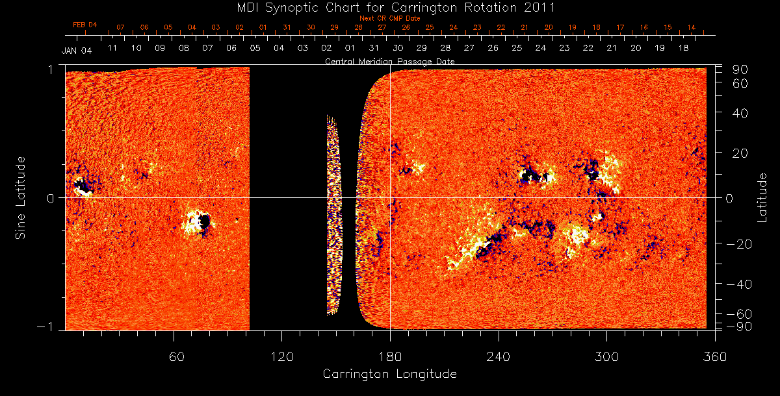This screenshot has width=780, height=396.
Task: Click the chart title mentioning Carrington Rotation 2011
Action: tap(389, 8)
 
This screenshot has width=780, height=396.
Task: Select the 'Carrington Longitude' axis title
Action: tap(389, 374)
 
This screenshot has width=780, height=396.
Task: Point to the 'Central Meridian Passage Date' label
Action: tap(389, 61)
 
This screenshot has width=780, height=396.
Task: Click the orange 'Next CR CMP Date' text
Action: tap(389, 18)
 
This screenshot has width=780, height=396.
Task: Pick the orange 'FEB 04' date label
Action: tap(84, 25)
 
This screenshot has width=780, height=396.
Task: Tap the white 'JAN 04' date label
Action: tap(77, 51)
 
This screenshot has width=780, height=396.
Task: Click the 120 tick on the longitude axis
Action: tap(281, 356)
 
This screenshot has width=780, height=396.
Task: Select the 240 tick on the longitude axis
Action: tap(498, 356)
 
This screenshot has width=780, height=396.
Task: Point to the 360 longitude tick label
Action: tap(715, 356)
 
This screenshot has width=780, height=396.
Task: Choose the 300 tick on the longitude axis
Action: tap(606, 356)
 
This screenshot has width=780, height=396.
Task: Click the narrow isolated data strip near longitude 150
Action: tap(333, 214)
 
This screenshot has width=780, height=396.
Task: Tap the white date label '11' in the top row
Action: tap(112, 48)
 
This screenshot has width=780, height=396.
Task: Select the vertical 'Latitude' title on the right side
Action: tap(763, 197)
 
